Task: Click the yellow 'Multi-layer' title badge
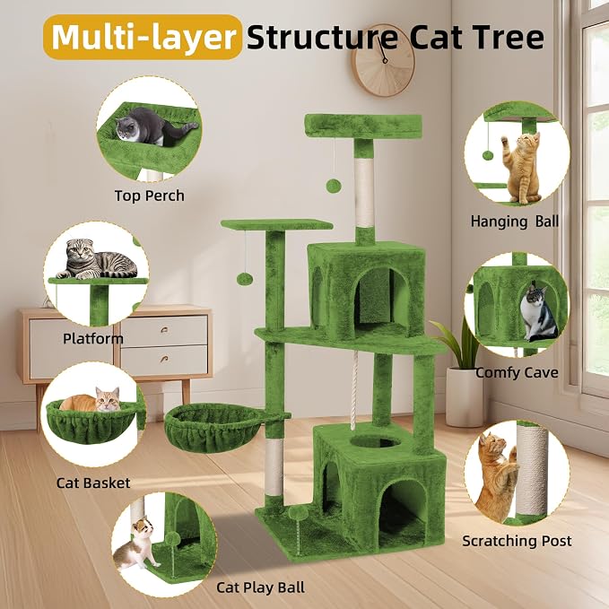click(x=143, y=38)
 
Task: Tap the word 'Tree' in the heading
click(x=508, y=38)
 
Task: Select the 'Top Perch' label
click(x=150, y=196)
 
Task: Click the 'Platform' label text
click(x=93, y=339)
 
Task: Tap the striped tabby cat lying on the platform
click(x=97, y=259)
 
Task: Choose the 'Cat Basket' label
click(x=93, y=483)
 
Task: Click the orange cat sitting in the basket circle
click(x=93, y=401)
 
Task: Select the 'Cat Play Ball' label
click(x=261, y=587)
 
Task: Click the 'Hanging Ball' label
click(x=515, y=222)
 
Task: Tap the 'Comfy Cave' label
click(x=517, y=373)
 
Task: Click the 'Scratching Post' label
click(x=517, y=541)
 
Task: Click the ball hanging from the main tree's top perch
click(x=334, y=186)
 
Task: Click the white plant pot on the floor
click(x=465, y=396)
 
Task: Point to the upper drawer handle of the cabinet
click(x=164, y=330)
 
